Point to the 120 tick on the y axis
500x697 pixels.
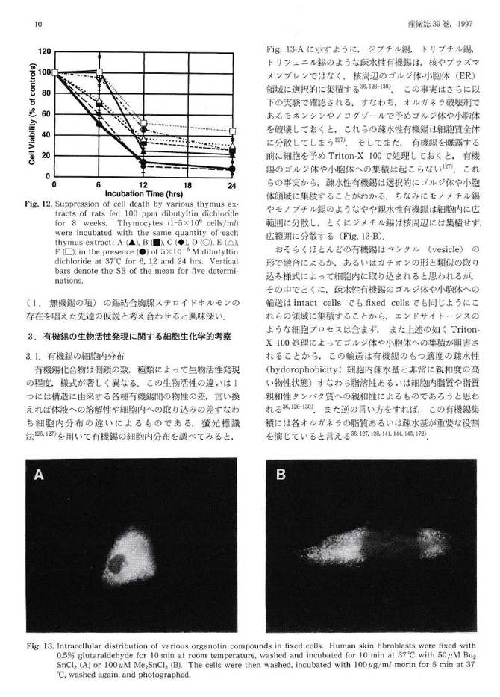point(46,52)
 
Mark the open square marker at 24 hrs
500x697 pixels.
point(232,131)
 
